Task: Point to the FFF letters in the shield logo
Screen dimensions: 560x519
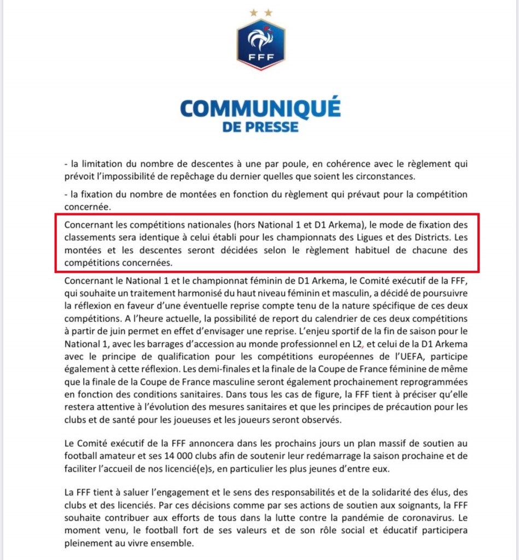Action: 260,57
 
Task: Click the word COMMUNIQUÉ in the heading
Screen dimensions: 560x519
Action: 260,108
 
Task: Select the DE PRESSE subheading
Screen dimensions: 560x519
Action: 260,127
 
